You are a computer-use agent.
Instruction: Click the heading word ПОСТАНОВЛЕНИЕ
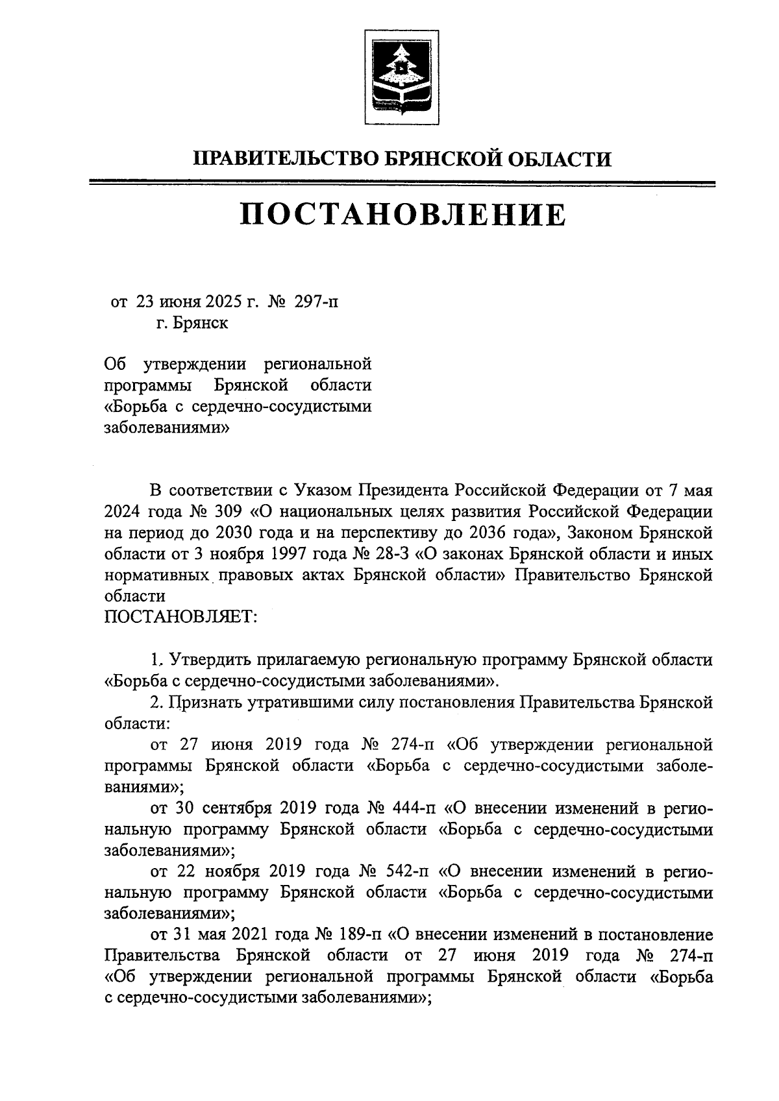pyautogui.click(x=402, y=215)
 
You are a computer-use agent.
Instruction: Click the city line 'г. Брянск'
pyautogui.click(x=192, y=322)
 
